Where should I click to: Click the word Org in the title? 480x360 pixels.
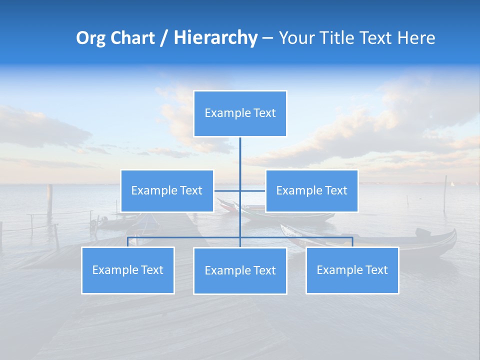point(91,38)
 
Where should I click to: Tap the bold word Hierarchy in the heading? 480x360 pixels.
point(215,38)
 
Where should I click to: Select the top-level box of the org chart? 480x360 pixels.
point(240,113)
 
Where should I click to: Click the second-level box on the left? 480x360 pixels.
point(167,190)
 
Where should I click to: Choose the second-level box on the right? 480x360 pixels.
point(311,190)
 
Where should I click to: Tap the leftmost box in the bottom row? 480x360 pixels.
point(128,270)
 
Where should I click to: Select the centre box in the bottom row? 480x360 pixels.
point(240,270)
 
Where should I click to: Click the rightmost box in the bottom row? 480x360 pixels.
point(352,270)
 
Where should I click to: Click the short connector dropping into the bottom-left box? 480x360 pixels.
point(128,241)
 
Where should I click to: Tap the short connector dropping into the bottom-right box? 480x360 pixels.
point(352,241)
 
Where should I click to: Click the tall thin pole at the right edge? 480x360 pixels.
point(445,192)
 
